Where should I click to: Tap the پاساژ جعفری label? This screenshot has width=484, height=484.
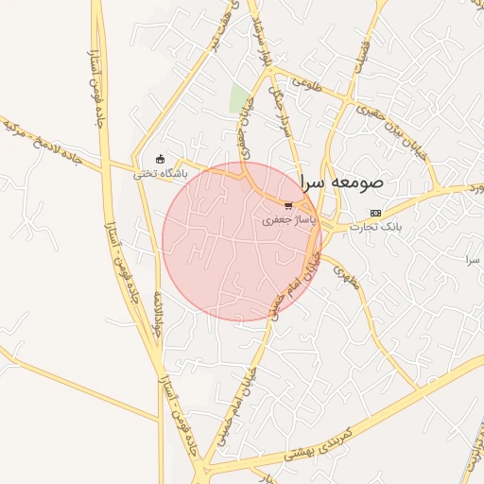click(x=286, y=218)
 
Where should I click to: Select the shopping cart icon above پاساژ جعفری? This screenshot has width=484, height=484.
click(x=288, y=204)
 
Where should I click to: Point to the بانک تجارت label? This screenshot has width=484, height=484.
click(x=376, y=227)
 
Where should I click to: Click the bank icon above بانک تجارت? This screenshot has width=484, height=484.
click(x=376, y=213)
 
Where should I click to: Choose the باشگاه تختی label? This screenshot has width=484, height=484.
click(x=160, y=173)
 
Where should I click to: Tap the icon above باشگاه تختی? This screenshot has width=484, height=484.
click(x=160, y=159)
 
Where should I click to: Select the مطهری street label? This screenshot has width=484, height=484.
click(x=346, y=274)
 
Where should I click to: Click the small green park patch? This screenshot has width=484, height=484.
click(x=241, y=98)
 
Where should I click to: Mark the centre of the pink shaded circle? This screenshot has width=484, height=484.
click(x=241, y=241)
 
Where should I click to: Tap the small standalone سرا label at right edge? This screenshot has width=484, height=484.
click(x=473, y=258)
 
